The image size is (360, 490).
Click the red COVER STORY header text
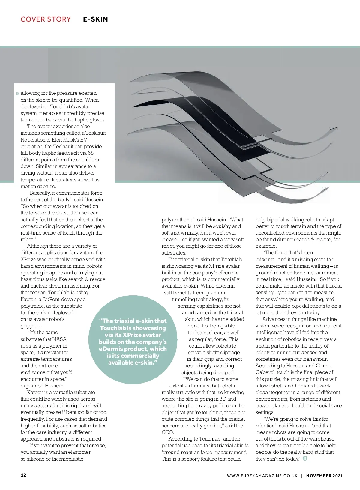tap(46, 19)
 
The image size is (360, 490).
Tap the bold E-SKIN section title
tap(95, 19)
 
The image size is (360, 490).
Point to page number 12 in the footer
tap(23, 475)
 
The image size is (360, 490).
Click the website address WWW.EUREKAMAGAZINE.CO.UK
tap(262, 476)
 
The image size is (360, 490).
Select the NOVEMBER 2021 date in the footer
tap(324, 476)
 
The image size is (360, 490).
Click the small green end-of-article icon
tap(305, 459)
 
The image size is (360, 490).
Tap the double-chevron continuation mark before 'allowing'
tap(17, 94)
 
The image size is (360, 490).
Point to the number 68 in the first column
tap(91, 153)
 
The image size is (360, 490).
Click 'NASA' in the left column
tap(59, 339)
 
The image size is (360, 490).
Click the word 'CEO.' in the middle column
tap(168, 432)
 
